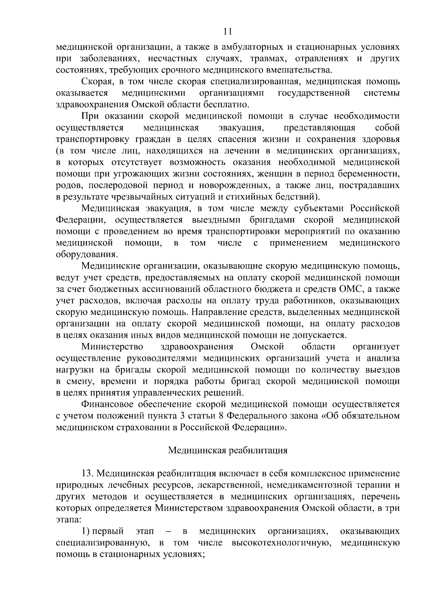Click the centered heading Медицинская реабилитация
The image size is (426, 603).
pos(228,450)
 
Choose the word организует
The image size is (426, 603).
pos(376,346)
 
